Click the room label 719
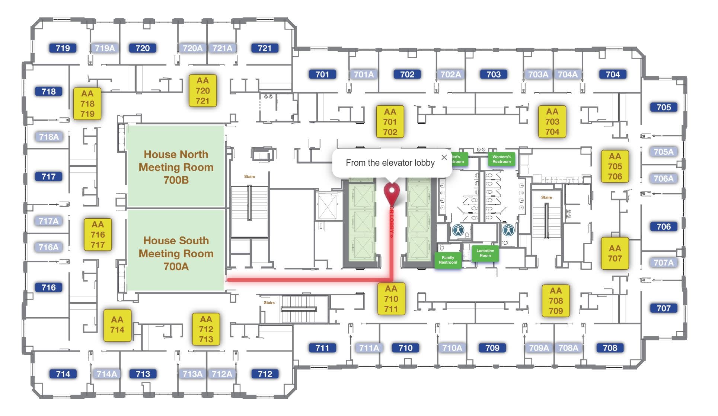click(63, 48)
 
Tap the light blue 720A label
click(192, 48)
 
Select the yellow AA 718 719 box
click(87, 104)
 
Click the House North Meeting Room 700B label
click(176, 167)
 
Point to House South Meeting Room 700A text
click(176, 253)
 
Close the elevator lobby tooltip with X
click(444, 157)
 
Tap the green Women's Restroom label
click(501, 159)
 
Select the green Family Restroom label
click(447, 260)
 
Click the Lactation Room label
click(485, 253)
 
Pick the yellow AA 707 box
click(615, 253)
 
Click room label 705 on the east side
click(663, 107)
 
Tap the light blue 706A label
click(663, 178)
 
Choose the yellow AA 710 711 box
click(391, 299)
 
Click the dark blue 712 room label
click(265, 374)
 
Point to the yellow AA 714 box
click(117, 325)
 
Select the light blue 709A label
click(538, 348)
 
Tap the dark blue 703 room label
click(493, 74)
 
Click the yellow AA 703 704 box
click(552, 122)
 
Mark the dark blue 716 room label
click(48, 287)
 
